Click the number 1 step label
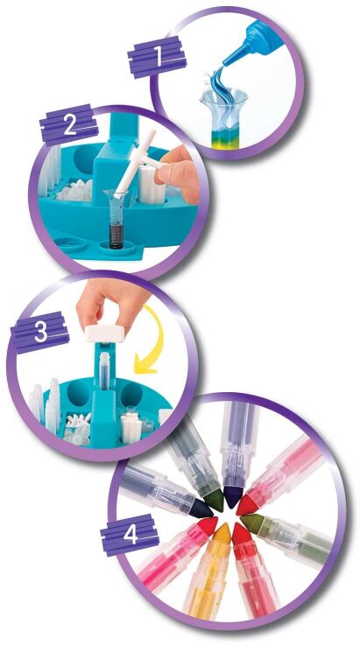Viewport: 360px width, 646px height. pyautogui.click(x=157, y=57)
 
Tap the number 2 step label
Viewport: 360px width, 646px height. pyautogui.click(x=69, y=125)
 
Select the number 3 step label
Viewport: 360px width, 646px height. pyautogui.click(x=40, y=332)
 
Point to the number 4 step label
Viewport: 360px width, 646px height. pyautogui.click(x=130, y=535)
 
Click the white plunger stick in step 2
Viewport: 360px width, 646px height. pyautogui.click(x=133, y=165)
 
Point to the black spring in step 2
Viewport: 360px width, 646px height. pyautogui.click(x=116, y=235)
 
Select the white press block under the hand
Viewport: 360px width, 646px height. pyautogui.click(x=105, y=333)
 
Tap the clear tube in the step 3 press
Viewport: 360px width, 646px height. pyautogui.click(x=105, y=371)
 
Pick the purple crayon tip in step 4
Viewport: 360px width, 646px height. pyautogui.click(x=233, y=496)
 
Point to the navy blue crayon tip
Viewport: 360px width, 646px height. pyautogui.click(x=201, y=509)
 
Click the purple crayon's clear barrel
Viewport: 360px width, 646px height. pyautogui.click(x=239, y=445)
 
